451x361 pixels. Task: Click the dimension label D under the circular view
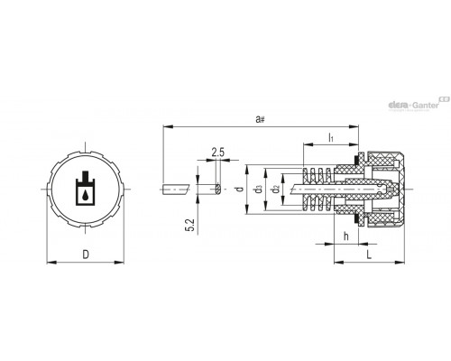coord(86,255)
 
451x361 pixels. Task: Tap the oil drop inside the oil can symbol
coord(86,195)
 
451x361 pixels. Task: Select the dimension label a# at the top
coord(260,119)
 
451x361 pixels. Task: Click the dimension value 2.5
coord(217,153)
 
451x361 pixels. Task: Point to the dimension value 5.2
coord(191,226)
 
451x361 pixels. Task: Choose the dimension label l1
coord(331,137)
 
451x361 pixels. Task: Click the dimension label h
coord(346,236)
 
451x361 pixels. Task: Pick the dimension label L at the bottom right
coord(369,255)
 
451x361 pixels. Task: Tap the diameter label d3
coord(258,190)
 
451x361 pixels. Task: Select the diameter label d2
coord(275,190)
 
